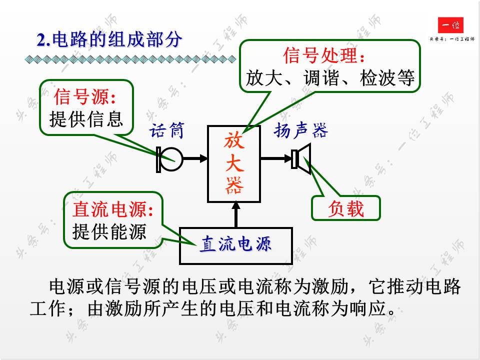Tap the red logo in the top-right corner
coord(450,25)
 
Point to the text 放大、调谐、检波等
coord(330,78)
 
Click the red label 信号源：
coord(87,96)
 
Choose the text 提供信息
coord(86,119)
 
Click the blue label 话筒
coord(167,131)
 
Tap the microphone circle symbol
coord(171,159)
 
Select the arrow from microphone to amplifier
coord(195,159)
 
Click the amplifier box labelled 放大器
coord(234,163)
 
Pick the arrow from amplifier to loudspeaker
coord(275,159)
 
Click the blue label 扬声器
coord(300,131)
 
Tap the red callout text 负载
coord(346,208)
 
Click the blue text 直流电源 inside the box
coord(236,244)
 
